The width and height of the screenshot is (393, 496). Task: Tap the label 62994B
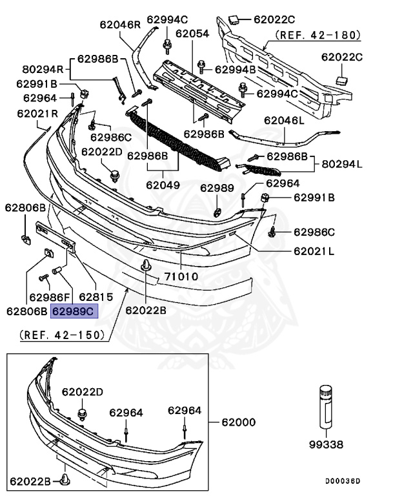[x=235, y=68]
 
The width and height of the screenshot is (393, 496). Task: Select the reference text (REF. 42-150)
[x=62, y=335]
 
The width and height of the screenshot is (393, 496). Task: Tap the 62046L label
[x=284, y=120]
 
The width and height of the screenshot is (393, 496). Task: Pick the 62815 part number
[x=95, y=296]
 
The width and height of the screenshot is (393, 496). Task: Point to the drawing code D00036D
[x=342, y=481]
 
